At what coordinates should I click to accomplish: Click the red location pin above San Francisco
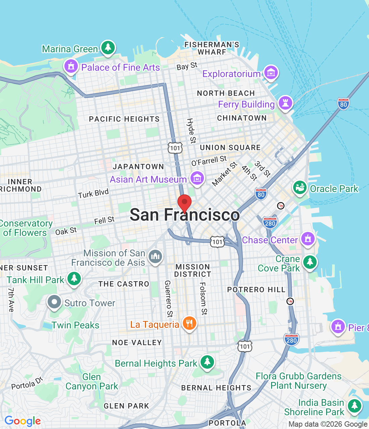coord(184,202)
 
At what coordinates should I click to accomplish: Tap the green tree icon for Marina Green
coord(108,48)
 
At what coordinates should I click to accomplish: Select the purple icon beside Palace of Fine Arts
coord(71,66)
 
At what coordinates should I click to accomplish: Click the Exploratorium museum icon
coord(271,73)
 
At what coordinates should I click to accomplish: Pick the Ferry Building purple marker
coord(285,103)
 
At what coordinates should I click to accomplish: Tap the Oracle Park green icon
coord(300,188)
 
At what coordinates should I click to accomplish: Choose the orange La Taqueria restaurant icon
coord(190,323)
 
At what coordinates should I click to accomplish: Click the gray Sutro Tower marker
coord(54,302)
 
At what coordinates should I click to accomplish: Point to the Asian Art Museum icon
coord(197,178)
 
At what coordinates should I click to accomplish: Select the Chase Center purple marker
coord(308,239)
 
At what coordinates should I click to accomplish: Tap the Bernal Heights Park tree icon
coord(207,362)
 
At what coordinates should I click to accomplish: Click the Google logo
coord(22,421)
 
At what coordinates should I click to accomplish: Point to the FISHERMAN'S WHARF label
coord(212,48)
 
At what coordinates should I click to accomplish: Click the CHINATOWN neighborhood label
coord(242,118)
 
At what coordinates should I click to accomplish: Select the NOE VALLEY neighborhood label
coord(137,343)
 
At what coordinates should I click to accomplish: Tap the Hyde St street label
coord(191,130)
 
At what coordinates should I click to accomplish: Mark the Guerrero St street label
coord(168,299)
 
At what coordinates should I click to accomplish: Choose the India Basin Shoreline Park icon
coord(354,406)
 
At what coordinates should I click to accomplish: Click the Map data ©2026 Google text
coord(328,424)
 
